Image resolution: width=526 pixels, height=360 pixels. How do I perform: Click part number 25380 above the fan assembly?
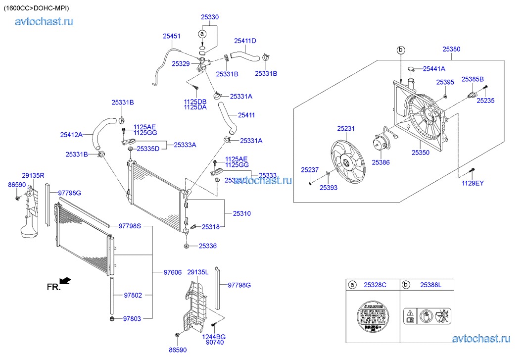(x=451, y=49)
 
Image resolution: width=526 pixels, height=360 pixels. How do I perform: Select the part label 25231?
(x=346, y=129)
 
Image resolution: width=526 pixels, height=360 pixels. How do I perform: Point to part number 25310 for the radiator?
(x=242, y=213)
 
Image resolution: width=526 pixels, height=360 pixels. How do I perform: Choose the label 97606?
(x=173, y=272)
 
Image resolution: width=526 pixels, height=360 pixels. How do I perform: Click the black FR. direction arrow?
(x=65, y=281)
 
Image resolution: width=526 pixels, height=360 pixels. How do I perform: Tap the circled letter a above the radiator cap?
(x=202, y=34)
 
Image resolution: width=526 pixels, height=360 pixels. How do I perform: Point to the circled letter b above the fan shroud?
(x=401, y=50)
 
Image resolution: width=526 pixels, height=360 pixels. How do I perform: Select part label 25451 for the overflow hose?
(x=171, y=36)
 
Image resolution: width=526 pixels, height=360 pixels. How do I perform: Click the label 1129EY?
(x=473, y=183)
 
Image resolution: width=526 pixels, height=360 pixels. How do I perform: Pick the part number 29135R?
(x=33, y=175)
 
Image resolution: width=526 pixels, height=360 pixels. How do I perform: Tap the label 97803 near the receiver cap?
(x=132, y=319)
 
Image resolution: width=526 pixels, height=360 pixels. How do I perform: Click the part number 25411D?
(x=245, y=41)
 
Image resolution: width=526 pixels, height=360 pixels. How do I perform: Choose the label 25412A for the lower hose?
(x=71, y=134)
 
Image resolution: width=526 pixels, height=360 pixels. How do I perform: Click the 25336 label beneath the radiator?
(x=208, y=246)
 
